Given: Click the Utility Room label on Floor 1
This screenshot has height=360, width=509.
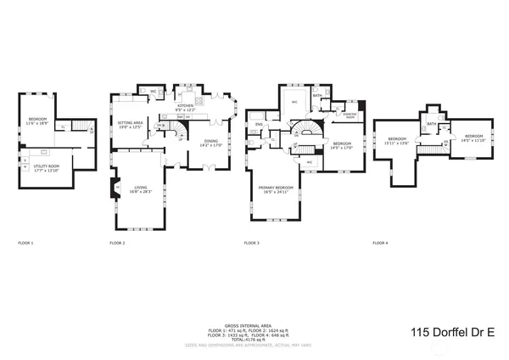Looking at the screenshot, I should coord(48,168).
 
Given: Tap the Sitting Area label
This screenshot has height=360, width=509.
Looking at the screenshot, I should coord(130,124).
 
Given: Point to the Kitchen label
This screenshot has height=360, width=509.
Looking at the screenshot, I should coord(185,107).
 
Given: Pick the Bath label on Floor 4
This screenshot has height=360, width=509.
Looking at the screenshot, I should coord(431,124).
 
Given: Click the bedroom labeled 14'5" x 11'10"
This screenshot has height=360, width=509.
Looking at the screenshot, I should coord(472,138).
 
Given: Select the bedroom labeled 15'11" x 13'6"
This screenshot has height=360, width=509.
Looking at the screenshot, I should coord(399,140).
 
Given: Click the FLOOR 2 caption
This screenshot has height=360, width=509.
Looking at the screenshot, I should coord(117,244).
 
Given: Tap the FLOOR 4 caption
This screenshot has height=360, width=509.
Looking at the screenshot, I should coord(380,244).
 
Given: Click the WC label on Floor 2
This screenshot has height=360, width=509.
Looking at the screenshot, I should coord(154,91).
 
